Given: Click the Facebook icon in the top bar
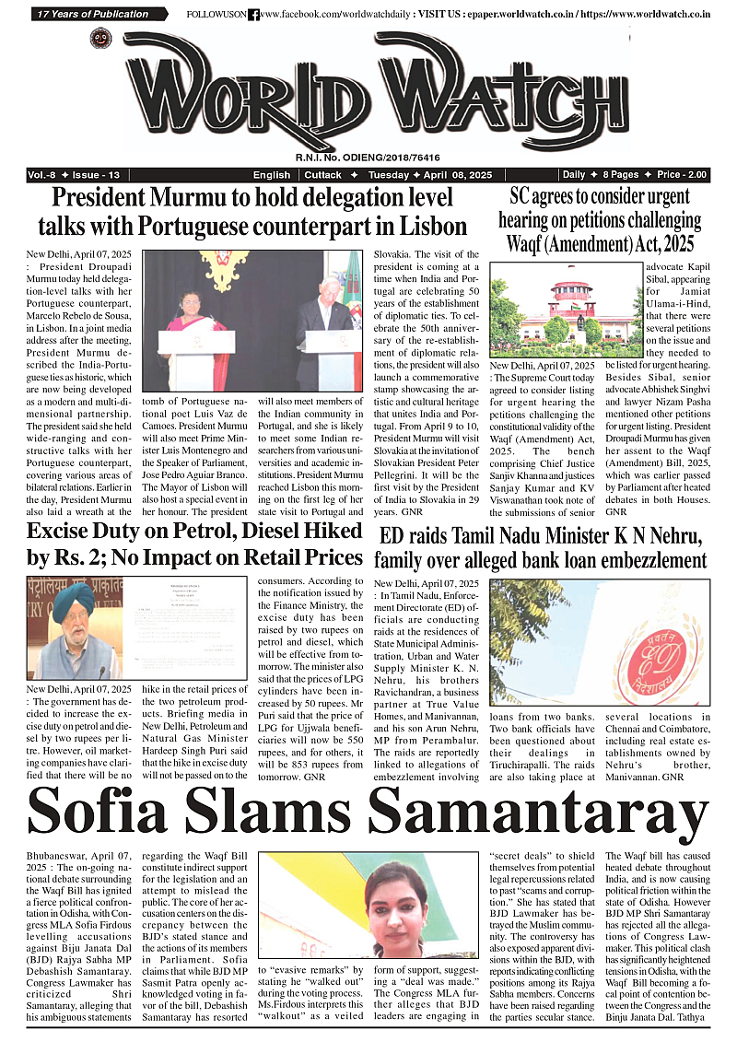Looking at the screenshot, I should click(253, 15).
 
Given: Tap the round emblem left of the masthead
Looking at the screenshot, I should click(100, 39).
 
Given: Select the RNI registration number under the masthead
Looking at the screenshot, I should click(368, 158).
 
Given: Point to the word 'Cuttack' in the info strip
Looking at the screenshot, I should click(323, 175).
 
